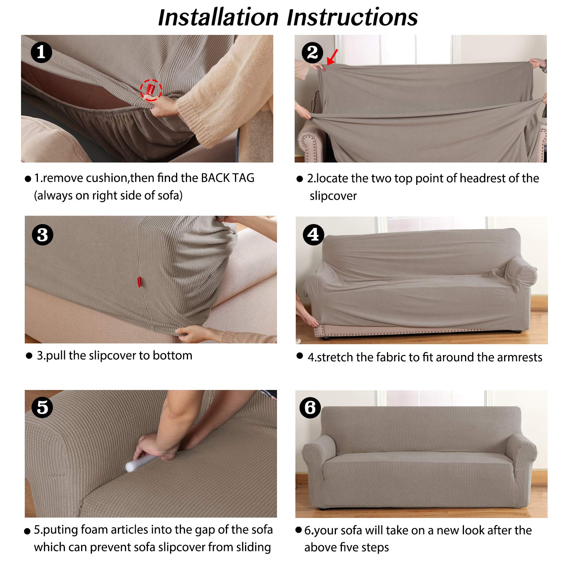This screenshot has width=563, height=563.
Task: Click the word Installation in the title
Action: click(218, 17)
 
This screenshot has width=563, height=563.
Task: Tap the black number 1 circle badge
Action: click(41, 52)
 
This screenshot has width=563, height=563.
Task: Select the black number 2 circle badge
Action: click(312, 52)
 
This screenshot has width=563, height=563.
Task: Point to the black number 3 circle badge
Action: click(42, 235)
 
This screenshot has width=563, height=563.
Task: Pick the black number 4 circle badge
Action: click(313, 235)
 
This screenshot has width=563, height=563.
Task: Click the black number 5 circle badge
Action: click(42, 407)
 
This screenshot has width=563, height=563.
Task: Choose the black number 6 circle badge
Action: click(310, 408)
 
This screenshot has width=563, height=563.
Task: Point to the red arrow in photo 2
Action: click(332, 57)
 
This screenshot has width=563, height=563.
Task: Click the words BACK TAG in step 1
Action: click(227, 178)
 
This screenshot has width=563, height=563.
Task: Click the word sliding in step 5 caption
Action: click(253, 547)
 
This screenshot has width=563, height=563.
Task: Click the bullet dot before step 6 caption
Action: click(298, 530)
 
